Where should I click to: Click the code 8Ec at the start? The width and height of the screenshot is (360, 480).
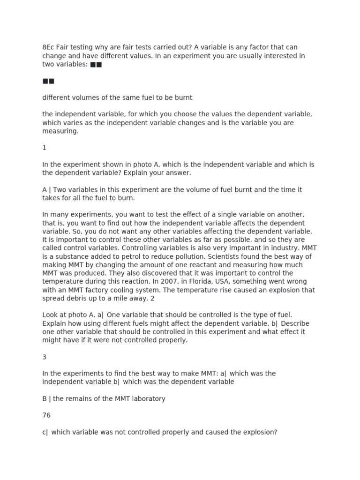48,47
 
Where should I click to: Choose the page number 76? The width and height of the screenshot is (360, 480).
46,416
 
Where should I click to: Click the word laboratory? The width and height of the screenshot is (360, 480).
146,399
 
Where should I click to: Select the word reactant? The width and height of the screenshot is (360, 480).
218,265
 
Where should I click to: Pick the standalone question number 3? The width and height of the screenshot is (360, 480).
45,357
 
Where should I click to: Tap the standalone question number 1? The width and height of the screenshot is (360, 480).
45,148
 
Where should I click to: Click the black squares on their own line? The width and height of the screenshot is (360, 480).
48,81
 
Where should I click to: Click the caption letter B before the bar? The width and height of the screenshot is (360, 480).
45,399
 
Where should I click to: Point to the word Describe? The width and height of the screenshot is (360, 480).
295,324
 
